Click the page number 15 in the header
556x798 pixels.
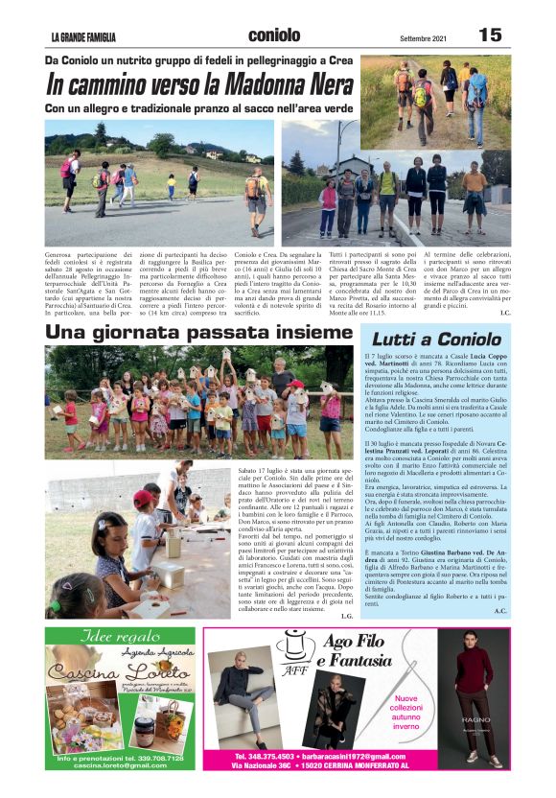click(490, 35)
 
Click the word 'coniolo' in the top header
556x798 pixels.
click(273, 35)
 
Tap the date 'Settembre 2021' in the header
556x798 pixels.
click(423, 37)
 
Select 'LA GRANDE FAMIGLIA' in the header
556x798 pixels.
click(83, 37)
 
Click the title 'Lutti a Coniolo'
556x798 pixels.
click(436, 339)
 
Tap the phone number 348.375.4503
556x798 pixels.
click(262, 757)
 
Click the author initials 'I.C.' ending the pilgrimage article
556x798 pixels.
click(504, 312)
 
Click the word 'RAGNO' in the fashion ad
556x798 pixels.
click(476, 719)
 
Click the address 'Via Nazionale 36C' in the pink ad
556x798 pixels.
click(268, 765)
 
